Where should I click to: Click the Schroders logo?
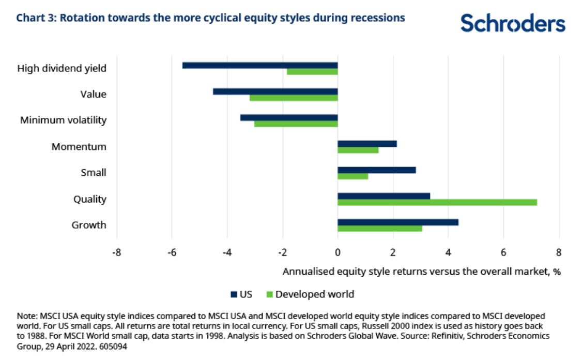point(512,23)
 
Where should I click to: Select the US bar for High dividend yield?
point(260,65)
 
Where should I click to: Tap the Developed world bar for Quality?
point(437,202)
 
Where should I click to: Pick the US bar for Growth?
point(398,222)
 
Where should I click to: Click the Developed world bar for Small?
point(353,176)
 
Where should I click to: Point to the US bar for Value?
point(275,92)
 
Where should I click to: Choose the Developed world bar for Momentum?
point(358,150)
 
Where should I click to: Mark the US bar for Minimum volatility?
point(289,117)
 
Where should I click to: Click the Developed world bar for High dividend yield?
point(312,72)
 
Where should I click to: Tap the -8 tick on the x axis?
point(117,253)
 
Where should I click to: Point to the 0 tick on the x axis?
point(338,253)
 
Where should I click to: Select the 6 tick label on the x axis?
point(503,253)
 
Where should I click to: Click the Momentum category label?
point(79,147)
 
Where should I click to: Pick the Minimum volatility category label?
point(63,121)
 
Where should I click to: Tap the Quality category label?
point(90,199)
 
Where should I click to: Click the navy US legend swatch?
point(234,294)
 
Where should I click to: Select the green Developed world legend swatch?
point(268,294)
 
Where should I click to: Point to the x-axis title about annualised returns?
point(421,272)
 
